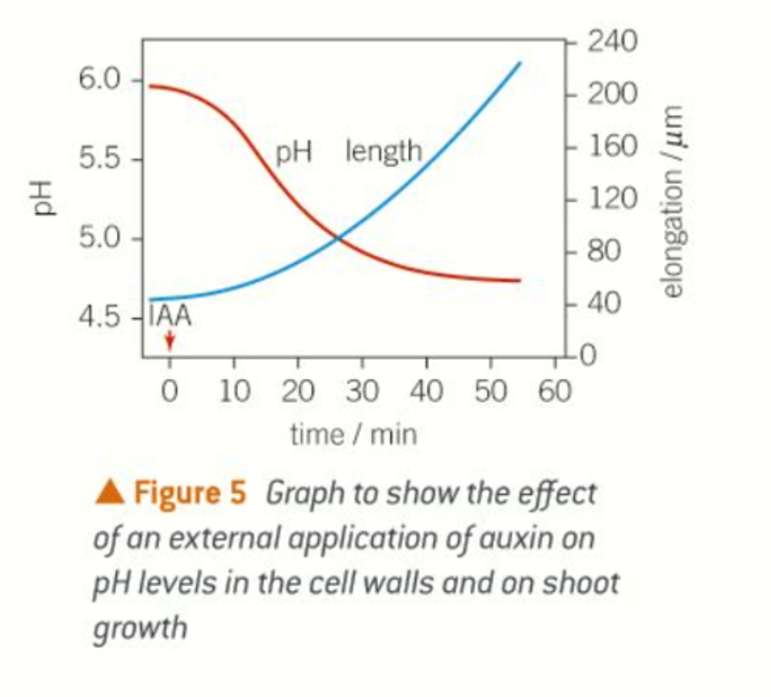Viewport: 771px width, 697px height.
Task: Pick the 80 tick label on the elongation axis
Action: click(604, 251)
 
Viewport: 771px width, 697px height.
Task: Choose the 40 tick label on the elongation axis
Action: click(604, 303)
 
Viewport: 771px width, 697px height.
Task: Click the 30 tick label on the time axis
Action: click(362, 391)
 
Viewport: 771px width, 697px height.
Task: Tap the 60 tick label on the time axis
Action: click(555, 391)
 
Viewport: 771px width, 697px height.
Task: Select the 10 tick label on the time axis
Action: click(234, 391)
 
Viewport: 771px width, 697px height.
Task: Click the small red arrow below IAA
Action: click(169, 341)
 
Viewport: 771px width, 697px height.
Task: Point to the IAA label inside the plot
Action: click(170, 317)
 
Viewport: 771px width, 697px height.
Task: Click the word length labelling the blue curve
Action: click(383, 152)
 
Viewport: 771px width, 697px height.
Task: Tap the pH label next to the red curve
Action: click(293, 153)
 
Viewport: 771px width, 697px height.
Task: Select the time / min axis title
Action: click(353, 434)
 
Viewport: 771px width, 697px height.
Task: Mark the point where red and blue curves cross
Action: click(338, 236)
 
